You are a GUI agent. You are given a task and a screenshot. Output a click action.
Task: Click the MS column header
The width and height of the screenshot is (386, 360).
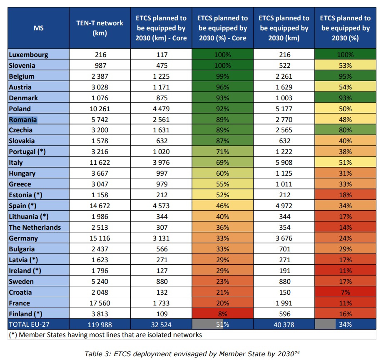[38, 28]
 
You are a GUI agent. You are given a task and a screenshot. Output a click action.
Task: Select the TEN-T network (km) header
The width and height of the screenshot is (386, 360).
[100, 28]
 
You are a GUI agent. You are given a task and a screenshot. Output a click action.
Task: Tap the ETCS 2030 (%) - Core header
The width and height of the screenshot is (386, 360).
[223, 28]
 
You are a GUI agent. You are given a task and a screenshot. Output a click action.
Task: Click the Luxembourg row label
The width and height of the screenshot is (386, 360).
[29, 55]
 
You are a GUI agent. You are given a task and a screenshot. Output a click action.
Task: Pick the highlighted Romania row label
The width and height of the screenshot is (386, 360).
[23, 119]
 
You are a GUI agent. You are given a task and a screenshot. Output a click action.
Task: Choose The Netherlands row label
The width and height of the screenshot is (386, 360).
[35, 227]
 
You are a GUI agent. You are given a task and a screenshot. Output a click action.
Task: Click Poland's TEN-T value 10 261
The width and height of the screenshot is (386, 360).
[100, 109]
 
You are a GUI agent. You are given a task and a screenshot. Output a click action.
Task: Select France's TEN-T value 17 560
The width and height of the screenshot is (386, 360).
[100, 303]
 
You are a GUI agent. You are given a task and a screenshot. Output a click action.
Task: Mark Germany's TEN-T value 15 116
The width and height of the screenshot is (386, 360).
[100, 238]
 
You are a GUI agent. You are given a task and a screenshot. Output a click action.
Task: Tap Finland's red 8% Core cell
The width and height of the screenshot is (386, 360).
[223, 314]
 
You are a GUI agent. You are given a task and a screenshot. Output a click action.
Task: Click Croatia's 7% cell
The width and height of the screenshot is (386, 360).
[346, 292]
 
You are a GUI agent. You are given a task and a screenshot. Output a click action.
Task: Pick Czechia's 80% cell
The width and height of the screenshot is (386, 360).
[346, 130]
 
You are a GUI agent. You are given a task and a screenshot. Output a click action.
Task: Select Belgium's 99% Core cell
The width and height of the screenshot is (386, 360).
[223, 76]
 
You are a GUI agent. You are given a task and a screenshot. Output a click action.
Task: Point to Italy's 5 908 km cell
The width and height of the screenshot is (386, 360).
[284, 163]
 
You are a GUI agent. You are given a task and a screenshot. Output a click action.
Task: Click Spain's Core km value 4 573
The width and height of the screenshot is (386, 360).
[161, 206]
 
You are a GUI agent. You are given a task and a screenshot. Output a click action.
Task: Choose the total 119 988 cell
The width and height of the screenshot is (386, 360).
[100, 324]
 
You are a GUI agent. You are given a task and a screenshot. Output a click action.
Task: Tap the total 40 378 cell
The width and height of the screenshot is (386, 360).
[284, 324]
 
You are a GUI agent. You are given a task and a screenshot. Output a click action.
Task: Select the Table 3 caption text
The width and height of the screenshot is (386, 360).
[193, 354]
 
